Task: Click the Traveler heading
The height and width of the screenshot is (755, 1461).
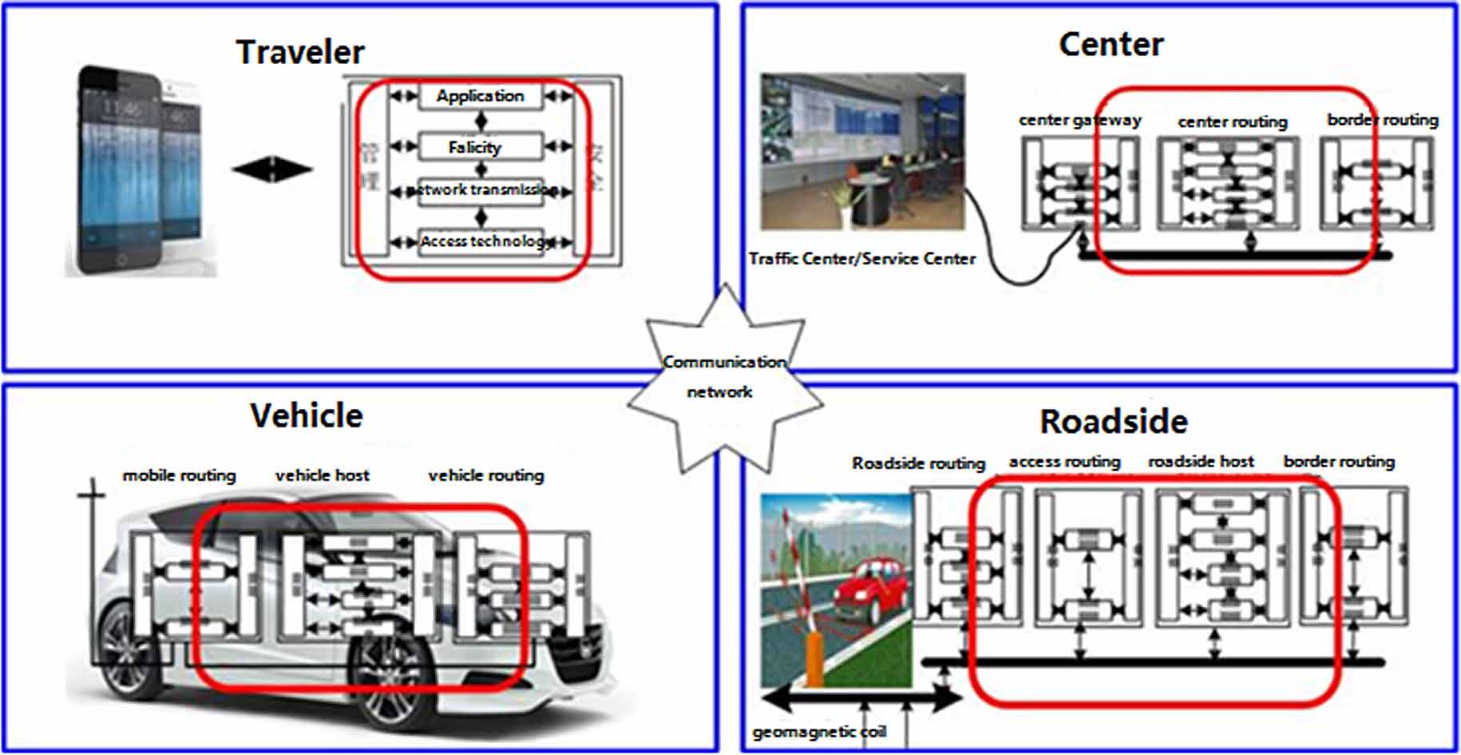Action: click(300, 53)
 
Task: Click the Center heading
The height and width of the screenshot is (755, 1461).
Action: click(1111, 45)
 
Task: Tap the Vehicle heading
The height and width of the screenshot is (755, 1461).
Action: click(307, 416)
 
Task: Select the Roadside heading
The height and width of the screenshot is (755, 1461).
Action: click(1114, 422)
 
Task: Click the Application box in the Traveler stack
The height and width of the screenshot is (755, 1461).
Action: click(480, 97)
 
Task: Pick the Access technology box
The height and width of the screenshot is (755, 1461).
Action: click(481, 241)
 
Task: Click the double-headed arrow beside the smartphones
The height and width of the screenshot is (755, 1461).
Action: click(272, 169)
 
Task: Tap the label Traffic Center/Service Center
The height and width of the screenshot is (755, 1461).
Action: click(861, 259)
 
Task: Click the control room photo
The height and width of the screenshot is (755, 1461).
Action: click(862, 152)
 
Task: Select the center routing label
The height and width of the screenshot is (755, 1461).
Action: click(1232, 122)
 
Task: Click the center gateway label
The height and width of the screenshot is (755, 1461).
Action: click(1079, 121)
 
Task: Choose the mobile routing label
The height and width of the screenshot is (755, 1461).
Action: click(179, 476)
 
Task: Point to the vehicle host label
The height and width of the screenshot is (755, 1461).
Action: click(323, 476)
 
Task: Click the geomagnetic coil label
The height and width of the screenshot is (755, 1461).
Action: click(819, 733)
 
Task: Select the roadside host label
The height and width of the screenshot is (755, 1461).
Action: click(1201, 462)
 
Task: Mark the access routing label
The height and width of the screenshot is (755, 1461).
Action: click(1064, 462)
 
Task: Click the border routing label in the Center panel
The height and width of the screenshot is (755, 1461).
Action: click(1382, 121)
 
